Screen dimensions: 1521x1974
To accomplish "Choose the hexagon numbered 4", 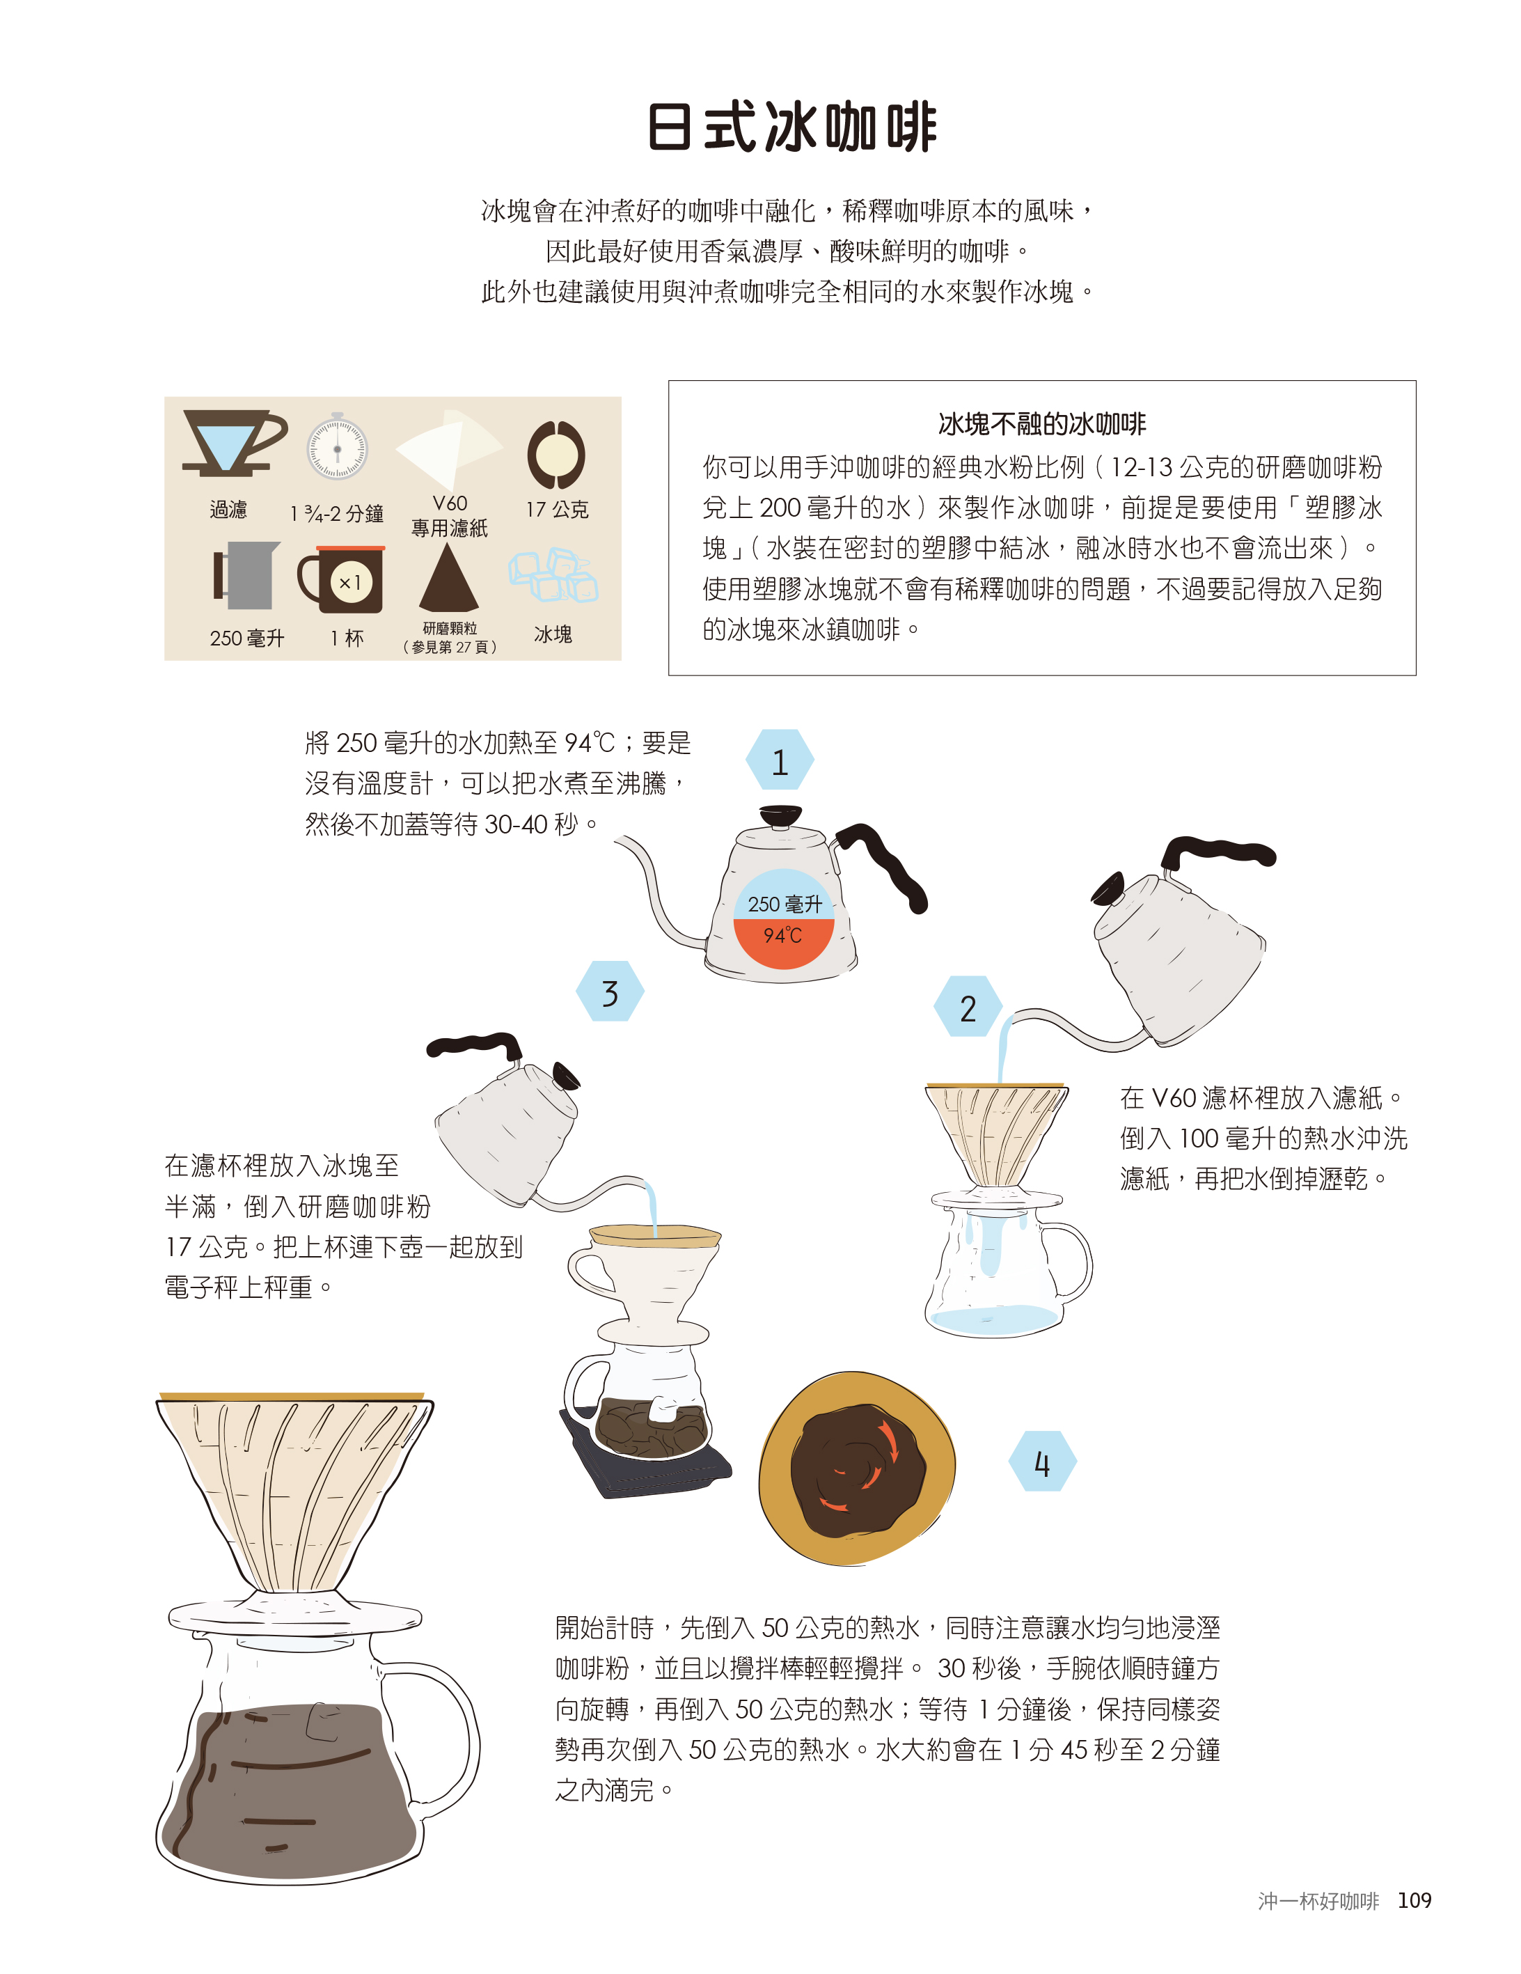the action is (1042, 1462).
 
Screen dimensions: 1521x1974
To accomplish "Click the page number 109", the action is (1414, 1900).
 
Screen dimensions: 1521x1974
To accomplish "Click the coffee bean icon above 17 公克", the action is (555, 454).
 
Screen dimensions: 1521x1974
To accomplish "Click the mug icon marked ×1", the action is (342, 579).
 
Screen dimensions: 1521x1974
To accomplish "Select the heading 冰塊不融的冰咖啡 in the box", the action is (1041, 424).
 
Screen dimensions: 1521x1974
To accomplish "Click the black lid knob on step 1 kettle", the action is (780, 816).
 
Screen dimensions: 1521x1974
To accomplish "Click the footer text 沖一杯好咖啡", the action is (1318, 1901).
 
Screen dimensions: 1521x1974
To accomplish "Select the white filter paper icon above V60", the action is (449, 448).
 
